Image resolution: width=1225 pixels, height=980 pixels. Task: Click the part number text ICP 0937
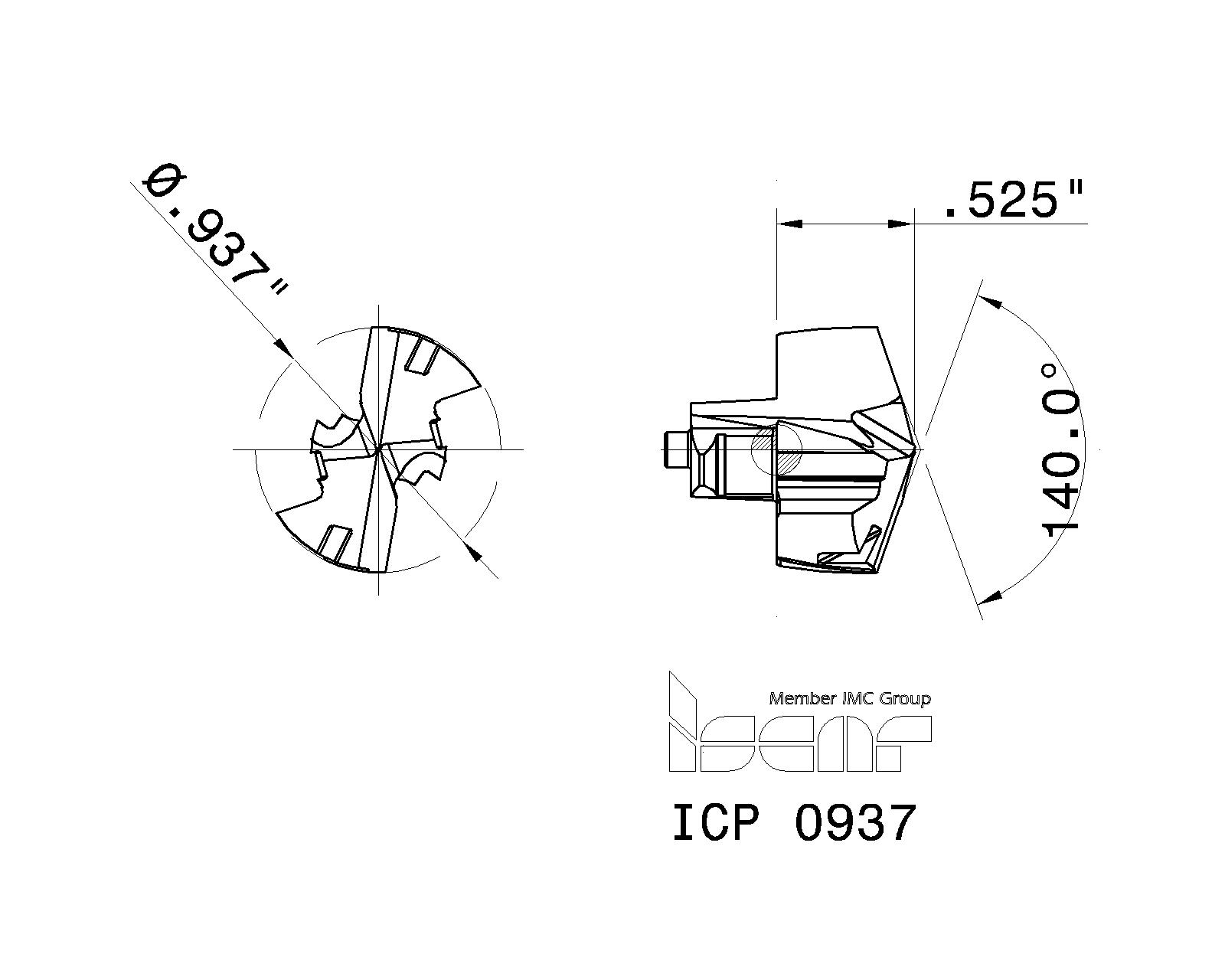[793, 824]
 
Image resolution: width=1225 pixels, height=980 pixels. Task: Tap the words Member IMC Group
[849, 698]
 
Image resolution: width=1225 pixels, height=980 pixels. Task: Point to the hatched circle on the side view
[776, 450]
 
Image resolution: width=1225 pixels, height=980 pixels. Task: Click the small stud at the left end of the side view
[675, 449]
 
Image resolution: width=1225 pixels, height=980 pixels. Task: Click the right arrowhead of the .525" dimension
[900, 224]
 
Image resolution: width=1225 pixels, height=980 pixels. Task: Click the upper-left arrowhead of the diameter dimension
[283, 348]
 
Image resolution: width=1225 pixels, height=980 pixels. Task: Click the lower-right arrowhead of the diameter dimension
[475, 552]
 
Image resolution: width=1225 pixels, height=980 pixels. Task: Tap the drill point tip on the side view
[923, 449]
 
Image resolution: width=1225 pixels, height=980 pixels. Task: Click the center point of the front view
[378, 449]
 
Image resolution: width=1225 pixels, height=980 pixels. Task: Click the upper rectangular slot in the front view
[420, 357]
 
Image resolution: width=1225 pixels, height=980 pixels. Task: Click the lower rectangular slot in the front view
[334, 543]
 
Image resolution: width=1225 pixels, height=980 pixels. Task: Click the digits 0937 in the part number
[855, 824]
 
